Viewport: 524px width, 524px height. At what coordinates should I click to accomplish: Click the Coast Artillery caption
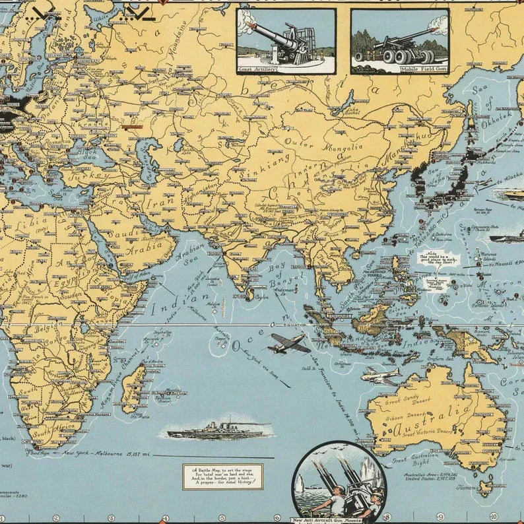257,68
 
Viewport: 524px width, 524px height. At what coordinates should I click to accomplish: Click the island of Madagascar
134,389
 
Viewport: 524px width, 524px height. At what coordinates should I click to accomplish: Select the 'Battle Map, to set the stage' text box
222,476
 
